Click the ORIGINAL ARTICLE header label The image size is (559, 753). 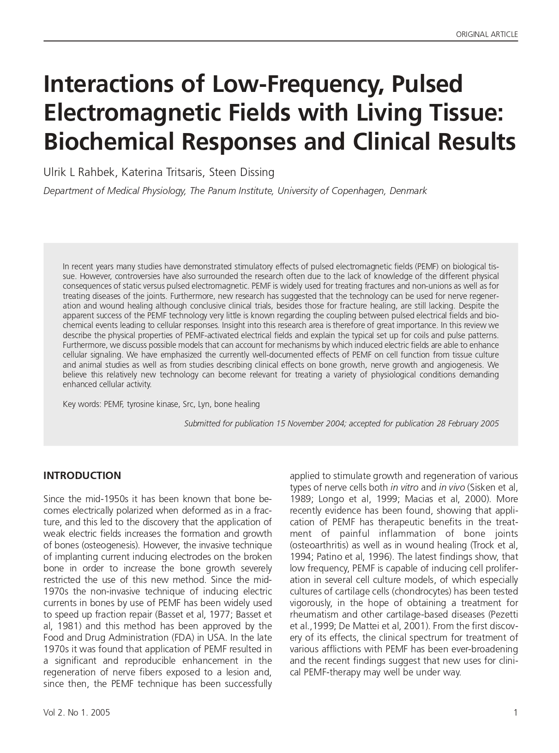487,34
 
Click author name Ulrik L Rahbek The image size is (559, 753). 79,172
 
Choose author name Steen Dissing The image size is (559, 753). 242,172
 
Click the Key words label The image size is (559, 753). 81,404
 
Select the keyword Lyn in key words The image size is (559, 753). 204,404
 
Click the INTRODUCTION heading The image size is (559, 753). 82,476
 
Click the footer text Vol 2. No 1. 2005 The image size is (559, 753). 77,712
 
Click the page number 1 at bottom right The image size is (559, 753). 515,712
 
